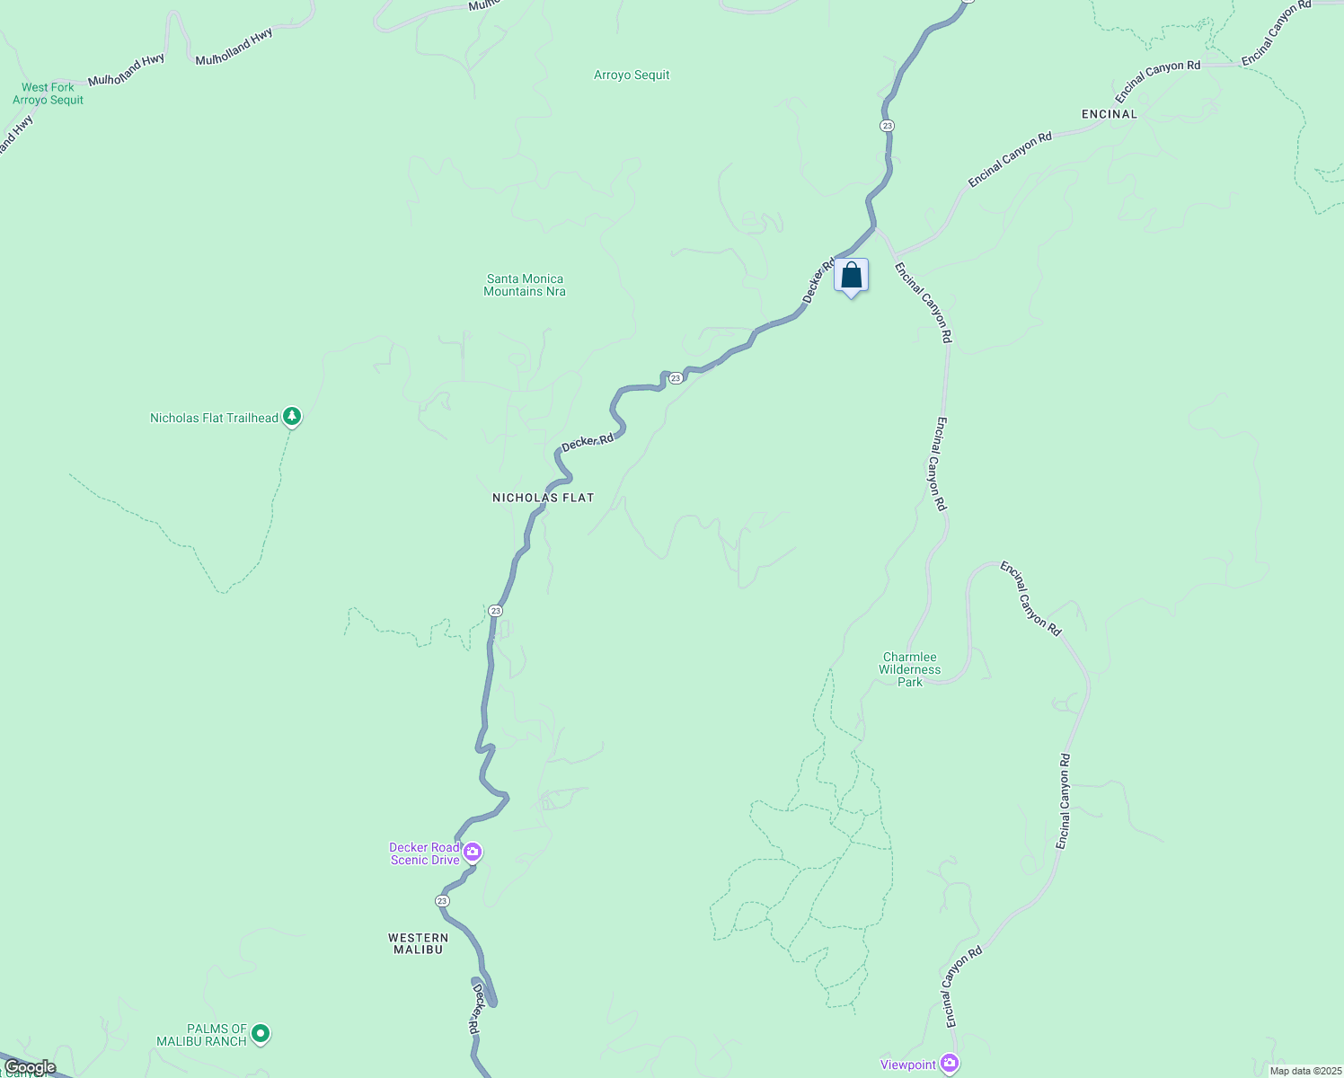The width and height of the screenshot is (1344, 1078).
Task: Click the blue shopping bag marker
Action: point(851,276)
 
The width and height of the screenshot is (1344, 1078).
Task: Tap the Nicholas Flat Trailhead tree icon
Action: point(291,416)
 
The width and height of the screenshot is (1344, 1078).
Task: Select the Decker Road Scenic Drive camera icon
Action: point(472,852)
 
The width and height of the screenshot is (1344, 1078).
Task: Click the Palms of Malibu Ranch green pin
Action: point(261,1034)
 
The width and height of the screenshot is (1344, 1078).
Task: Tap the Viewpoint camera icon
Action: point(950,1064)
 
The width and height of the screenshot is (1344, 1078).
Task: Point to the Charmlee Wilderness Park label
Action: point(910,669)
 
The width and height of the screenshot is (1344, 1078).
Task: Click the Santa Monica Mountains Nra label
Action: point(525,285)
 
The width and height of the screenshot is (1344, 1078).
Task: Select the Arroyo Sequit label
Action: point(632,75)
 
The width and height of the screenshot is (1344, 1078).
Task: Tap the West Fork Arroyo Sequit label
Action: point(48,93)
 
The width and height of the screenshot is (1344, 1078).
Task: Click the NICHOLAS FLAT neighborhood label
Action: point(544,498)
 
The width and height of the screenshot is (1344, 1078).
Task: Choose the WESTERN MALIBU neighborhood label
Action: point(418,943)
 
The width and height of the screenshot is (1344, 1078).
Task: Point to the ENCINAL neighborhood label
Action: point(1110,114)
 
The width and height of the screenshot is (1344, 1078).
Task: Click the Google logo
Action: point(30,1067)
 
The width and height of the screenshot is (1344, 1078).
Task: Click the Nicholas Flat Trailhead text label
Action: point(214,418)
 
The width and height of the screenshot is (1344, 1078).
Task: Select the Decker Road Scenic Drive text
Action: point(424,853)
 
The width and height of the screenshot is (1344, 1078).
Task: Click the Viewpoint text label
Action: point(908,1065)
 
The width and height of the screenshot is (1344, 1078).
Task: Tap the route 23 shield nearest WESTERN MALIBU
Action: point(442,900)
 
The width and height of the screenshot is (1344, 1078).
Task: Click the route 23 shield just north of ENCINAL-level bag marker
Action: point(887,126)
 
